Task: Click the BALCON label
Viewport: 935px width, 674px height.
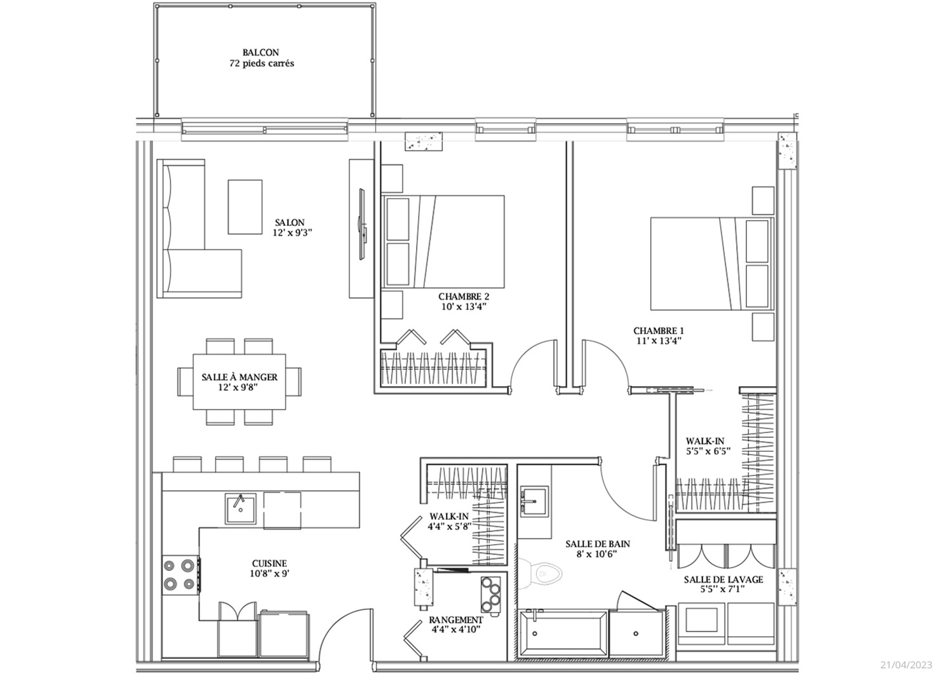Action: pos(261,53)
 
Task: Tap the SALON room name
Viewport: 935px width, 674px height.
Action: pos(290,222)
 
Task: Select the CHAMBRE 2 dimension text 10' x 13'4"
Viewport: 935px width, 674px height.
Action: pos(464,307)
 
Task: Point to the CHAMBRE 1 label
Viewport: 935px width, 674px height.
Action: pos(659,331)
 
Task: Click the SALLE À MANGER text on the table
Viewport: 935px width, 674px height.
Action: pos(239,377)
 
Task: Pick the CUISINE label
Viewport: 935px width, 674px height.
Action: pos(269,564)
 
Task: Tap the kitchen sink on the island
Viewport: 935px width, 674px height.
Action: pos(241,508)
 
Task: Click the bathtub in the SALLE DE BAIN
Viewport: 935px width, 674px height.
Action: pos(563,633)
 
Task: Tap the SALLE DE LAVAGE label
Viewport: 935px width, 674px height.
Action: pos(723,579)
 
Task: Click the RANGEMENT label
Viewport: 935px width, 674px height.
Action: pos(456,620)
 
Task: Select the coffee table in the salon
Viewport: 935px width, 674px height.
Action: pos(245,207)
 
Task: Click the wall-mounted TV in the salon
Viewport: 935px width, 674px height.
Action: pos(362,224)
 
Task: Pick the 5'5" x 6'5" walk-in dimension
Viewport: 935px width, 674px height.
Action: pos(708,451)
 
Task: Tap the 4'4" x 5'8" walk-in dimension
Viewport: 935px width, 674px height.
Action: pos(449,526)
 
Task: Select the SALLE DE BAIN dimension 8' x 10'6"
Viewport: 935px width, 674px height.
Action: pos(598,554)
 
